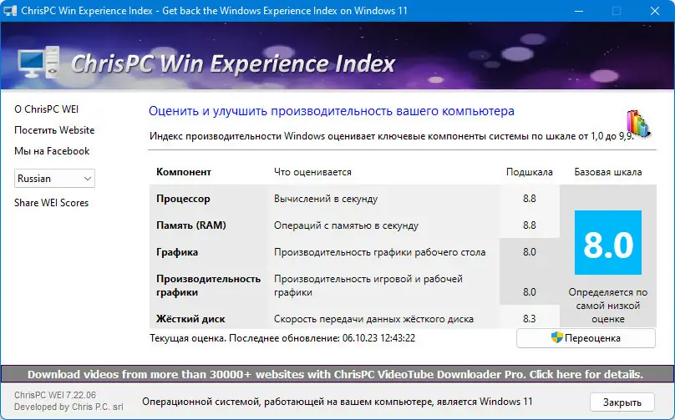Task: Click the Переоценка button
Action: point(585,338)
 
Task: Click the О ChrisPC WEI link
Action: point(47,109)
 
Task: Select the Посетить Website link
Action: point(54,130)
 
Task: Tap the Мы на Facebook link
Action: point(52,151)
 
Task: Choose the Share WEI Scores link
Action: point(51,203)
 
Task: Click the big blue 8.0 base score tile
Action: point(607,243)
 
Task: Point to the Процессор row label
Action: point(183,199)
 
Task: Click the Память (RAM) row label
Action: point(191,225)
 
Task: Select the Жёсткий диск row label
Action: point(190,319)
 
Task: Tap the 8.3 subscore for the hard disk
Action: point(529,319)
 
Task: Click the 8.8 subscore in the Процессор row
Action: point(529,199)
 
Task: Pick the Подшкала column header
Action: point(530,172)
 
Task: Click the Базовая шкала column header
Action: point(607,172)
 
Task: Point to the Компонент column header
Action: point(184,172)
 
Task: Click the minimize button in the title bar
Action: point(579,12)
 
